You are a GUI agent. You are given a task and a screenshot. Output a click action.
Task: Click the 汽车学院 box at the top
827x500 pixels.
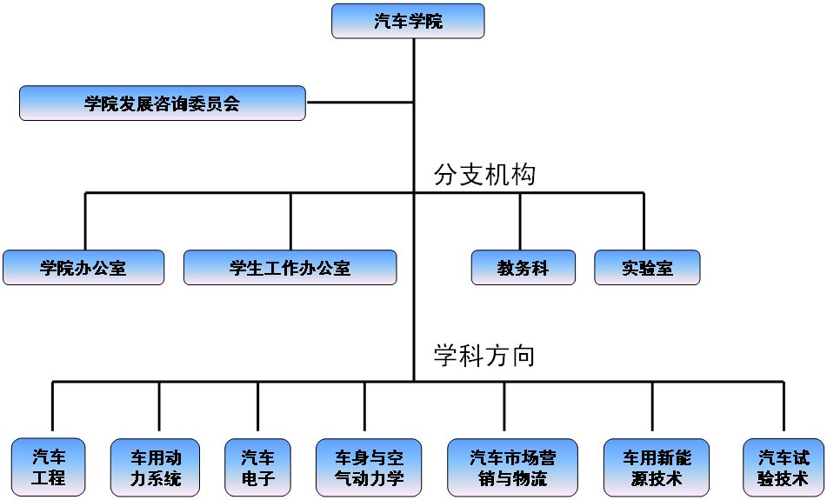[x=408, y=21]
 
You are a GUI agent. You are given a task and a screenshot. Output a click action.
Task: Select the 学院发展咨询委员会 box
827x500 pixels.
[x=163, y=103]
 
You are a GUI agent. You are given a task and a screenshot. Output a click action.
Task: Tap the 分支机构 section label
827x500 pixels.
[x=484, y=175]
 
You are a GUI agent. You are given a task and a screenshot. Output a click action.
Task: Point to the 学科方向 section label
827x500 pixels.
[x=484, y=355]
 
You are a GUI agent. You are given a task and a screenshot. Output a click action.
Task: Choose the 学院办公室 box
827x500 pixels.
[x=83, y=267]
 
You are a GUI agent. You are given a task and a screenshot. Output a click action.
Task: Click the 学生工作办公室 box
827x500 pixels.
[x=290, y=267]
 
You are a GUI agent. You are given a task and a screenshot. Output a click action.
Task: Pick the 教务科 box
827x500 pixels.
[x=523, y=267]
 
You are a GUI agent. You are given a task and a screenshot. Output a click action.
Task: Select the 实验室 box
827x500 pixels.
[x=647, y=267]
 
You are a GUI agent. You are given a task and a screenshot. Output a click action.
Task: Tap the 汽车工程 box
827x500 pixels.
[x=49, y=466]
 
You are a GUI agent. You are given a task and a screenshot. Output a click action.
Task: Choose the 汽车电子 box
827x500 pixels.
[x=257, y=466]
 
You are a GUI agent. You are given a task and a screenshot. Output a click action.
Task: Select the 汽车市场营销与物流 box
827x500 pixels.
[x=511, y=466]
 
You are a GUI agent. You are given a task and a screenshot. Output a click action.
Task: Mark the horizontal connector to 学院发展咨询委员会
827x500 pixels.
[x=359, y=103]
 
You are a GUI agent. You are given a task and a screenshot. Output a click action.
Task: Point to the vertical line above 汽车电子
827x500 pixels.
[x=258, y=407]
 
